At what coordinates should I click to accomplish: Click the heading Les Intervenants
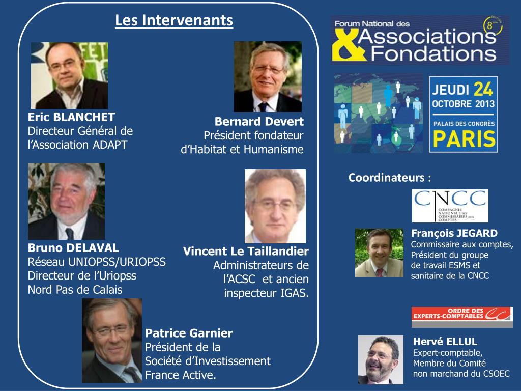point(174,20)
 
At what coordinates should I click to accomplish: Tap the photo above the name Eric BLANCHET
point(69,75)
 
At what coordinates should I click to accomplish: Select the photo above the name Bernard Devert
point(268,76)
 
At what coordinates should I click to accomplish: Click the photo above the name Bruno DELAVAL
point(66,201)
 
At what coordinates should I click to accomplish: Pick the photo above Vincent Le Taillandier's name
point(275,206)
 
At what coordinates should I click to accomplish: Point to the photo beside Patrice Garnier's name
point(112,340)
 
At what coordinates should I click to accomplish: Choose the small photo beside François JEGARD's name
point(379,253)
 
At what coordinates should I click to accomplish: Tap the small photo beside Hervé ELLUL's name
point(381,359)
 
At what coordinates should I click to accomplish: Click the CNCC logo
point(450,206)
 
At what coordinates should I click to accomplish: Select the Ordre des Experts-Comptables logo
point(462,317)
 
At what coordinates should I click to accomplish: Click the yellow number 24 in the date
point(483,90)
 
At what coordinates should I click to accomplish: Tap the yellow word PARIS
point(463,138)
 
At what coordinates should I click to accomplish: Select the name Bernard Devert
point(259,122)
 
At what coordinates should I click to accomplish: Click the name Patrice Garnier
point(189,333)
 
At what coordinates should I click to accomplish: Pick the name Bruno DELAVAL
point(73,248)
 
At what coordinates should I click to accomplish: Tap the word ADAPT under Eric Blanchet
point(110,145)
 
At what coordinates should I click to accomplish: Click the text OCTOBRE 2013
point(463,104)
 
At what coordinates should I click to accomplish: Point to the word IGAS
point(296,293)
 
